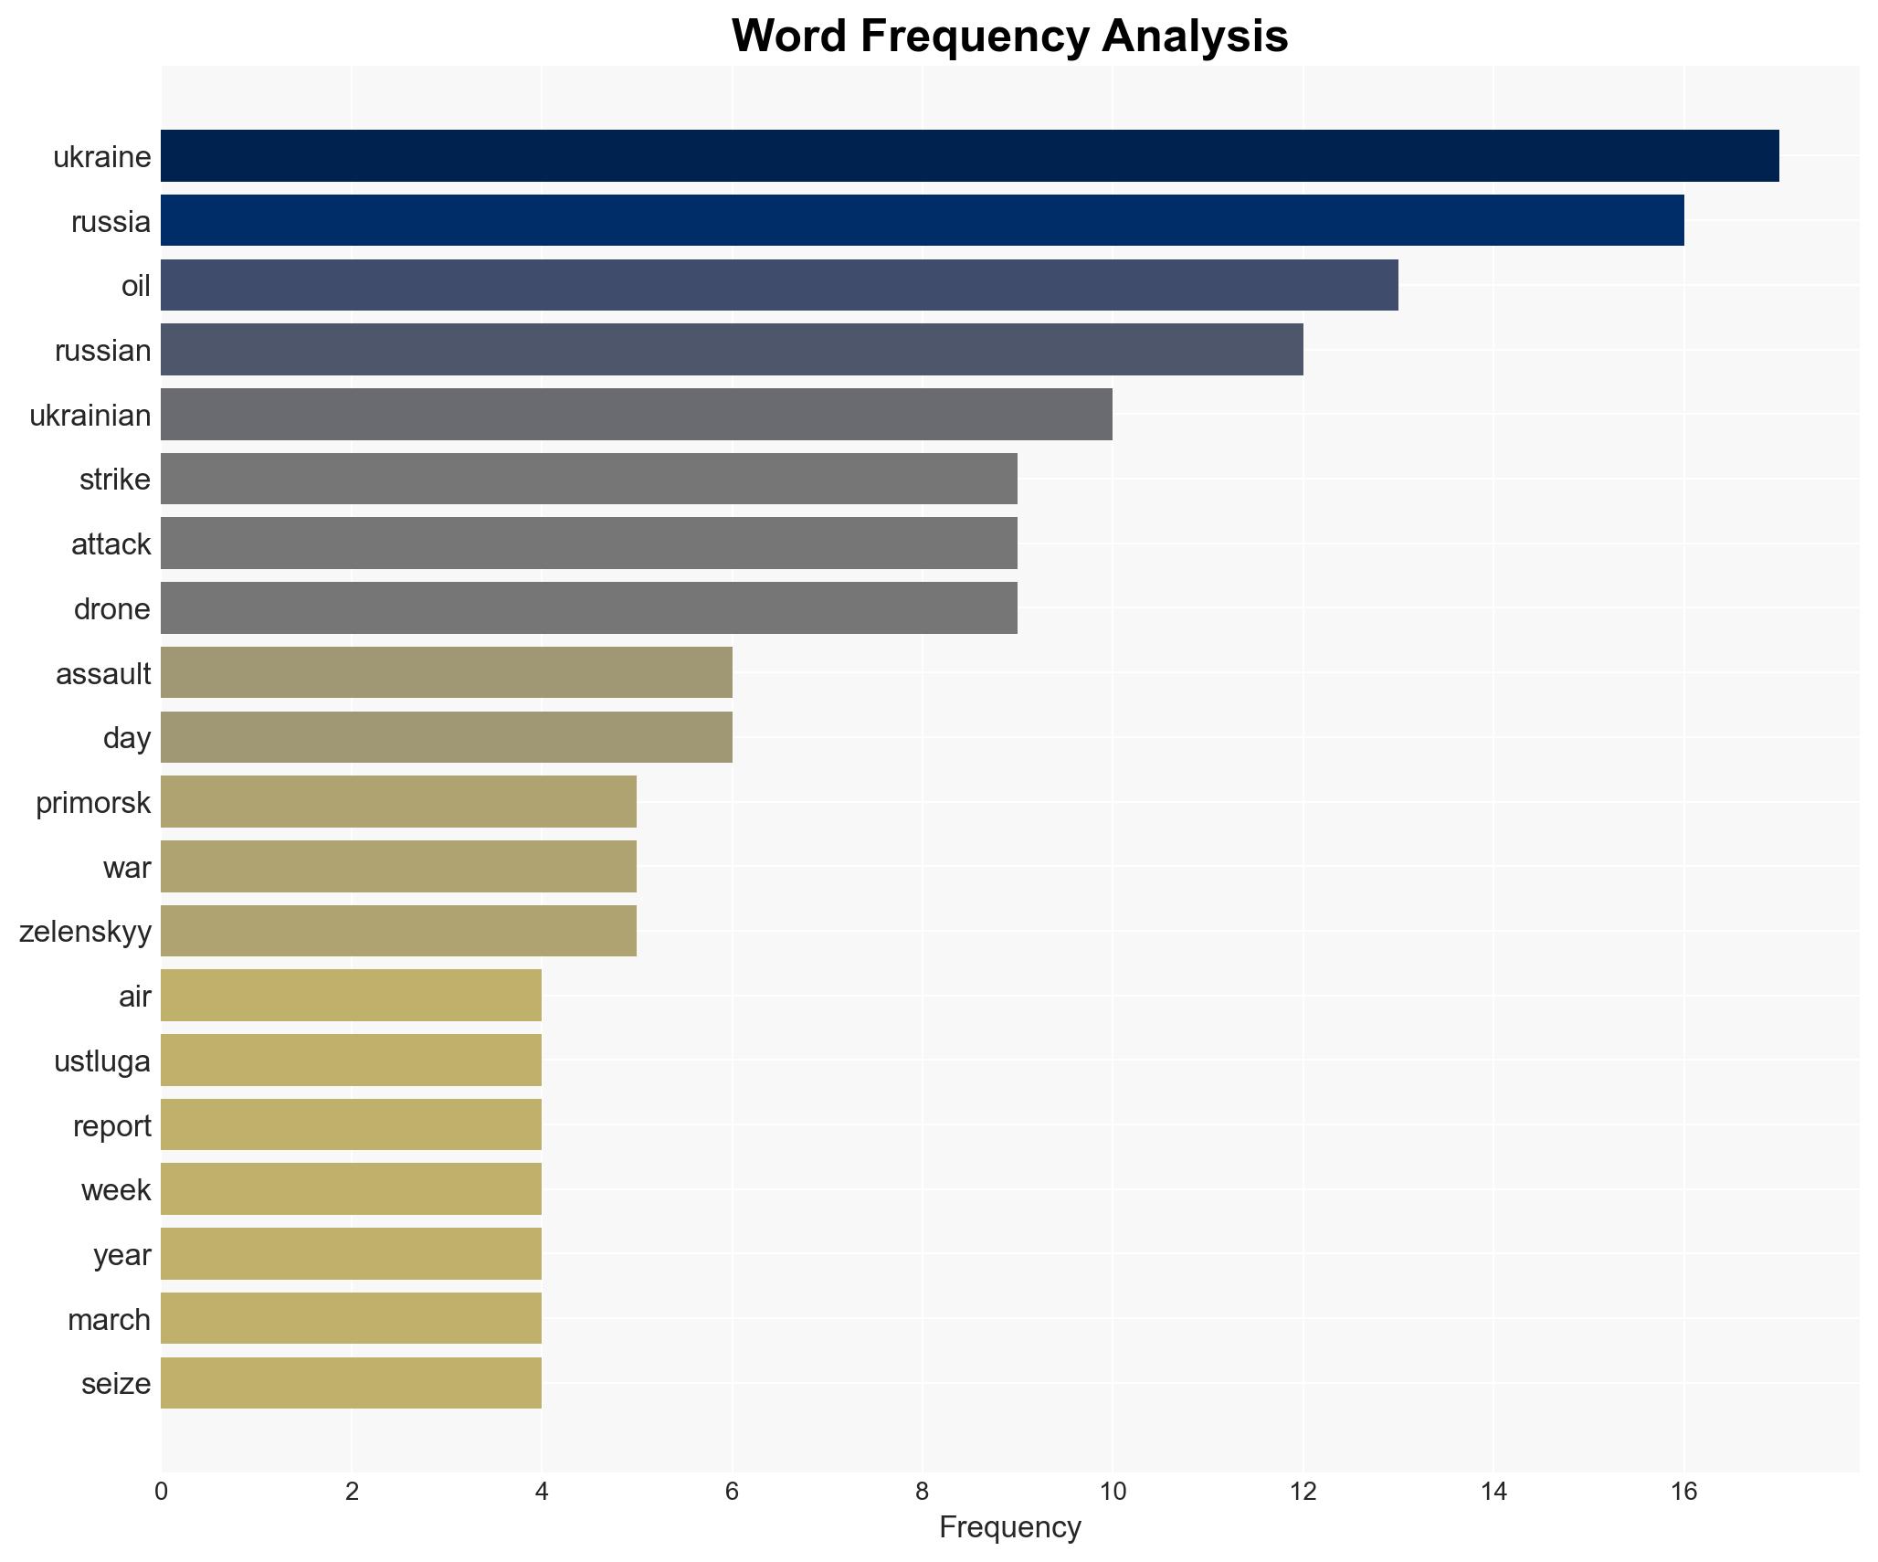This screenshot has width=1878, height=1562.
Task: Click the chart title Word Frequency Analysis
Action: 1009,37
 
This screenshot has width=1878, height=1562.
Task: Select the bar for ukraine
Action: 969,156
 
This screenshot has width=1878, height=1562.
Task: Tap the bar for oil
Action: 779,285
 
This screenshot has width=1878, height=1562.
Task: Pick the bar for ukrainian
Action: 637,415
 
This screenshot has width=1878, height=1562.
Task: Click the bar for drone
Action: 589,608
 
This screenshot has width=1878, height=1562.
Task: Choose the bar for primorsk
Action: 398,802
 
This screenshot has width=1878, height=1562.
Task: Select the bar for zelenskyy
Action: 398,931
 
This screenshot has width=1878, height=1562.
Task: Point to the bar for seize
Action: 351,1383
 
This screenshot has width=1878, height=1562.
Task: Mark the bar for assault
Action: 446,673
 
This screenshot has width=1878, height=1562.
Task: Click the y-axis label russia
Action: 111,222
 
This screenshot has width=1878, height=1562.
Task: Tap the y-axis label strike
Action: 114,480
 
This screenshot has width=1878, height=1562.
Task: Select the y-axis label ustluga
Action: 101,1061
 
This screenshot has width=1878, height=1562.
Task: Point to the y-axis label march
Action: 109,1320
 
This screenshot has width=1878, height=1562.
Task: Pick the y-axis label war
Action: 126,868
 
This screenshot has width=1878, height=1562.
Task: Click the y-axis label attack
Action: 111,544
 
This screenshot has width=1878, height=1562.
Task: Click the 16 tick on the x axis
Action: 1683,1492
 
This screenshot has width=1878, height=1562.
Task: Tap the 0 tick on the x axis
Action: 162,1492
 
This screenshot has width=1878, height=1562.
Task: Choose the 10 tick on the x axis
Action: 1113,1492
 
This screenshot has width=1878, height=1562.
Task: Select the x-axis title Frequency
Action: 1009,1527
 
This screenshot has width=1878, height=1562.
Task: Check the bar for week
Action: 351,1189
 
